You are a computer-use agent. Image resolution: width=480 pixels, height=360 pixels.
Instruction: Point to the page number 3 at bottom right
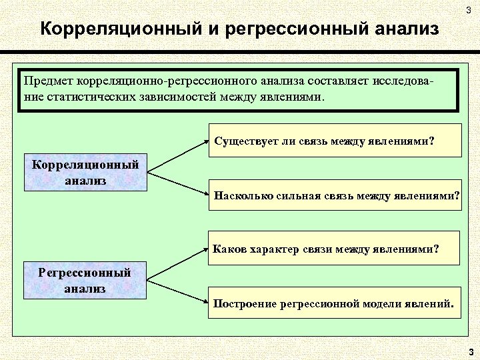pos(470,351)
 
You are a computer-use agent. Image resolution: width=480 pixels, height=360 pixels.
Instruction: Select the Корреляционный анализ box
pos(85,173)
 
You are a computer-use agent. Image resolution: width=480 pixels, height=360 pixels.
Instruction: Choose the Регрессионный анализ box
pos(85,280)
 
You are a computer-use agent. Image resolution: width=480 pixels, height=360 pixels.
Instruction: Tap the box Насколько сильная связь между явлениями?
pos(336,195)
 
